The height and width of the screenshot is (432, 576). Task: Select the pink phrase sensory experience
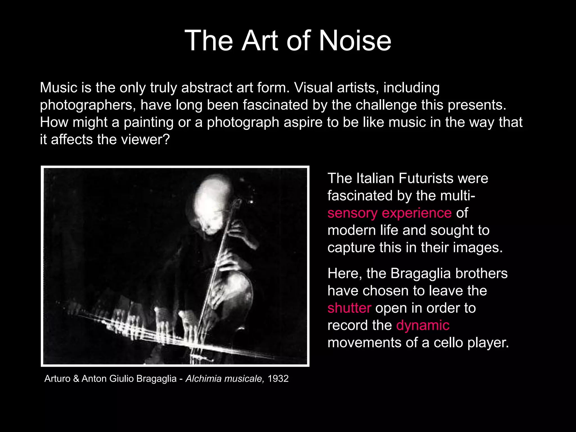[390, 213]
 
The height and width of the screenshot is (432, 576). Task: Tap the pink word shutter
[349, 308]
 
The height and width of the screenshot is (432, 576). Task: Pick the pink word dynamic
[423, 325]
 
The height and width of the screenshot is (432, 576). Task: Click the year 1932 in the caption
[278, 379]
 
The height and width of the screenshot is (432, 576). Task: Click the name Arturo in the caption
[57, 379]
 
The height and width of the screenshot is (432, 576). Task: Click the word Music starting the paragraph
[58, 87]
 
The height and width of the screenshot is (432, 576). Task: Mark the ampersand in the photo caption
[76, 379]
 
